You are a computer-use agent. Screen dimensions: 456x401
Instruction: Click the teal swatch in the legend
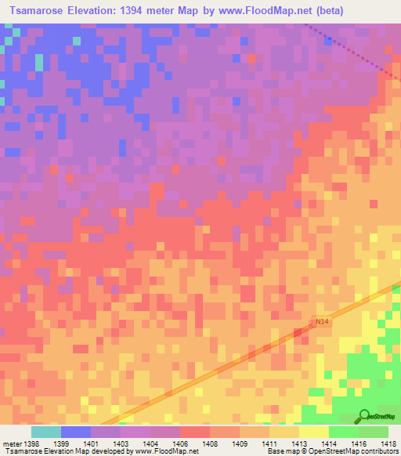click(x=46, y=432)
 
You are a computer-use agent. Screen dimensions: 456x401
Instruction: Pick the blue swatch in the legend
click(x=76, y=432)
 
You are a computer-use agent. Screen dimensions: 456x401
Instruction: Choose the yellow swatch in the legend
click(x=313, y=432)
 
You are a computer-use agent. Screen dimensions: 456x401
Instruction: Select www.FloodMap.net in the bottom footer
click(x=165, y=452)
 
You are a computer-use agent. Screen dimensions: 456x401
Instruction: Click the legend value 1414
click(x=327, y=444)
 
